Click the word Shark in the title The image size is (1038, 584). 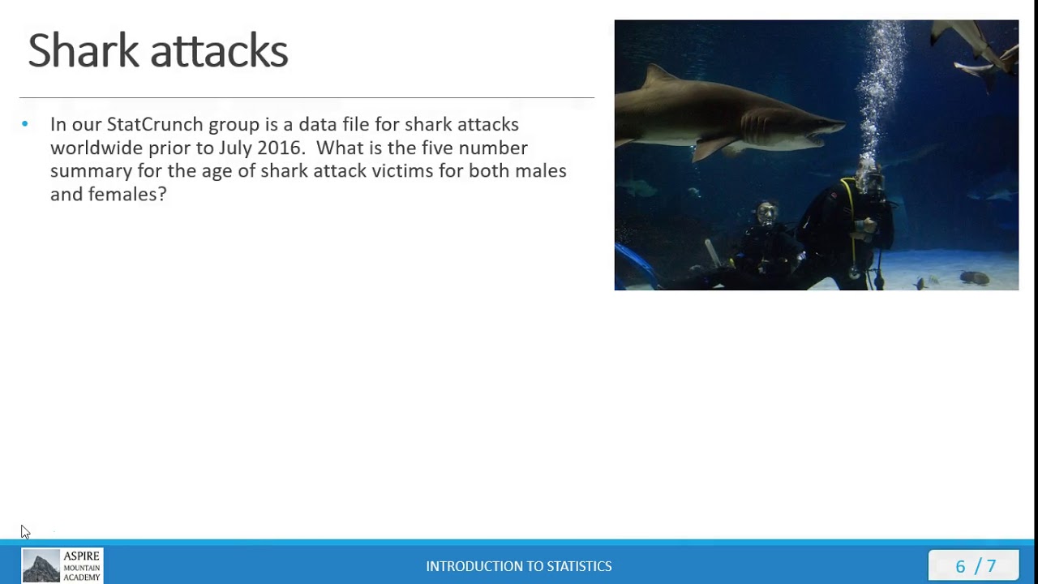[x=84, y=50]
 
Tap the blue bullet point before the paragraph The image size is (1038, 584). [x=25, y=124]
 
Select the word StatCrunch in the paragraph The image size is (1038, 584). [x=154, y=124]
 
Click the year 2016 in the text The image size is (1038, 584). [x=281, y=148]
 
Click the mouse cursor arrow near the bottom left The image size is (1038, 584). [x=25, y=532]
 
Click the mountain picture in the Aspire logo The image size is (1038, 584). [x=41, y=566]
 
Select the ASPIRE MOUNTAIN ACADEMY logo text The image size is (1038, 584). [x=82, y=566]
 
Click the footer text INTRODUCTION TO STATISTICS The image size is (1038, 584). [x=519, y=566]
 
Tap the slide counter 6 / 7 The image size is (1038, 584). [x=976, y=566]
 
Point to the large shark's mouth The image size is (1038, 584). [x=819, y=134]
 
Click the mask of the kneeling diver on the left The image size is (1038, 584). [x=766, y=215]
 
